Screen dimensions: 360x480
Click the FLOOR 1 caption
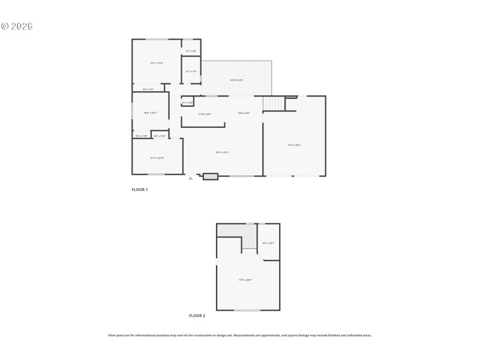[x=140, y=190]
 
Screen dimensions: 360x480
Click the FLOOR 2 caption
[x=197, y=315]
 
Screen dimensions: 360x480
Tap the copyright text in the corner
[x=16, y=26]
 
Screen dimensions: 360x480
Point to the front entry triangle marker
[x=191, y=178]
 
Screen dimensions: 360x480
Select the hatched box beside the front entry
[x=211, y=176]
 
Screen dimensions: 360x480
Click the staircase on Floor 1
[x=274, y=103]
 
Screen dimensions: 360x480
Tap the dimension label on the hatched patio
[x=236, y=80]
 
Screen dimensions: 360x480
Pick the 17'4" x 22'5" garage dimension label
[x=294, y=145]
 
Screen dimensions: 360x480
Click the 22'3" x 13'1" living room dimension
[x=223, y=152]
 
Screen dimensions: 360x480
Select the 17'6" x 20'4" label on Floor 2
[x=245, y=280]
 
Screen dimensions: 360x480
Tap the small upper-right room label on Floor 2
[x=269, y=243]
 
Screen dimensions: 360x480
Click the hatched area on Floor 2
[x=230, y=230]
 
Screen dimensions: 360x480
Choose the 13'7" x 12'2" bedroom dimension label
[x=157, y=63]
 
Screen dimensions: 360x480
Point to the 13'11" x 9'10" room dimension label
[x=157, y=158]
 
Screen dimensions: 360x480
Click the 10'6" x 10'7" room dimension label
[x=150, y=113]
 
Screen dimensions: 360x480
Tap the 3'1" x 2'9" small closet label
[x=187, y=103]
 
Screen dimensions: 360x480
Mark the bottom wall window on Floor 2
[x=247, y=310]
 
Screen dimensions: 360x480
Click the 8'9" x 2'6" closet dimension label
[x=148, y=89]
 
